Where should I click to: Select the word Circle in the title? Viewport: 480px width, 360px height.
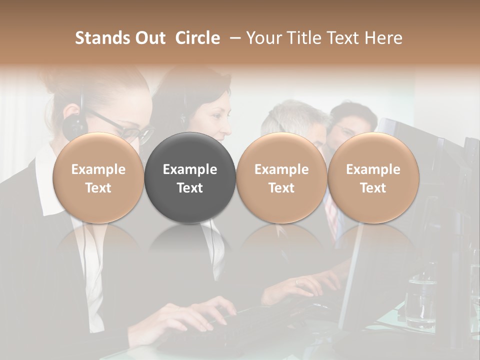(197, 38)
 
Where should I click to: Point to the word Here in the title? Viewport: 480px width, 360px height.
(383, 38)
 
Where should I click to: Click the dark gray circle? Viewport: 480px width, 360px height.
(190, 177)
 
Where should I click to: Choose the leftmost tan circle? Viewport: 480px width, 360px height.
(98, 177)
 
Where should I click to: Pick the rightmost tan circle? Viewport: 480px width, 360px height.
(373, 177)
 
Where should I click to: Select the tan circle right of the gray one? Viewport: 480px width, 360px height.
(281, 177)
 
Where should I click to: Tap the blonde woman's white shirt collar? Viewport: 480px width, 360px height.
(47, 190)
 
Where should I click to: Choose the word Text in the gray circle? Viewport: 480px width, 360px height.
(190, 188)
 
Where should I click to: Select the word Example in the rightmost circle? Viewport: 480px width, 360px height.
(373, 169)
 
